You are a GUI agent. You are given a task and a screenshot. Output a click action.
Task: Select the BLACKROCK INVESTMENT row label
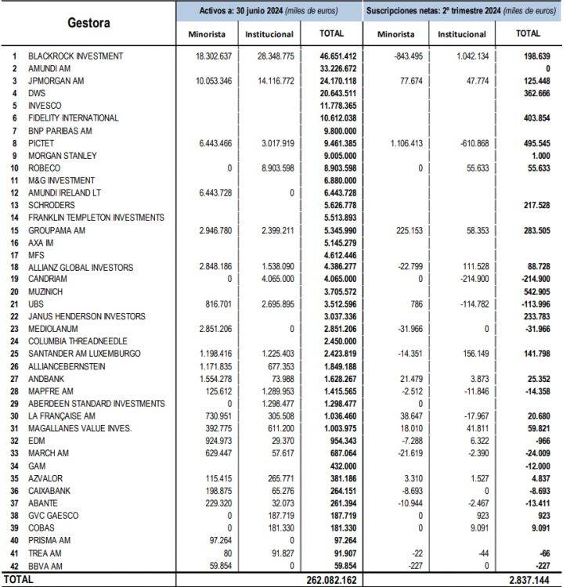pyautogui.click(x=75, y=56)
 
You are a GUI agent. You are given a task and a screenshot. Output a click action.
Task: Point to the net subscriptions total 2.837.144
pyautogui.click(x=529, y=580)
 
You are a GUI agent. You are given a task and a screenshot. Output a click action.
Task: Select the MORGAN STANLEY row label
pyautogui.click(x=63, y=156)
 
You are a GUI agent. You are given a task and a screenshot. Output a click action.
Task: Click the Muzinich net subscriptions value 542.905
pyautogui.click(x=532, y=292)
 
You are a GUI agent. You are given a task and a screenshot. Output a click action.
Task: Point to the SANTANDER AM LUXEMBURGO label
pyautogui.click(x=85, y=354)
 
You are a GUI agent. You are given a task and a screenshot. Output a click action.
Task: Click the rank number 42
pyautogui.click(x=13, y=564)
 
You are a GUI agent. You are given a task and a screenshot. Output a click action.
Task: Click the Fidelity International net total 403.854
pyautogui.click(x=532, y=118)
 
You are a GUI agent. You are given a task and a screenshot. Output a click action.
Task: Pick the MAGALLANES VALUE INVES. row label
pyautogui.click(x=80, y=428)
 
